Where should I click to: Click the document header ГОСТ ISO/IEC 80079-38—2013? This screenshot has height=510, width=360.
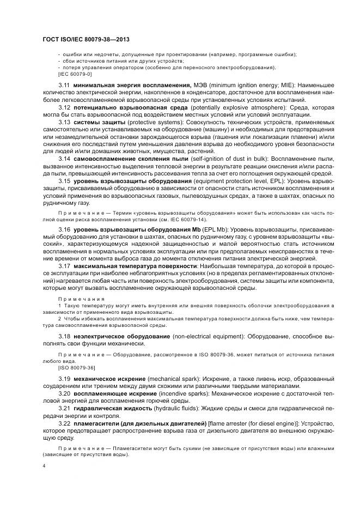(x=86, y=40)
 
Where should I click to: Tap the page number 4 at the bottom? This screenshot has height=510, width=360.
(x=44, y=466)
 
